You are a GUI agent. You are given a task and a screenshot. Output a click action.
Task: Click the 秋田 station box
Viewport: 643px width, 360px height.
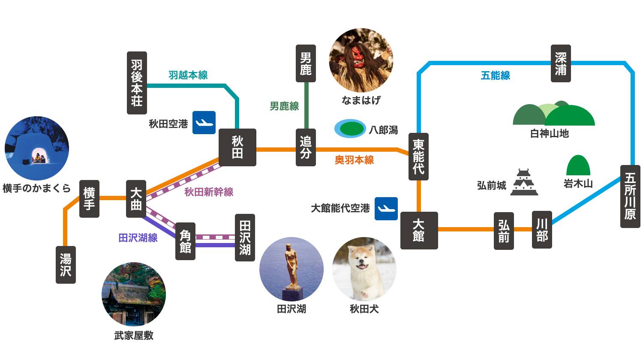tap(237, 147)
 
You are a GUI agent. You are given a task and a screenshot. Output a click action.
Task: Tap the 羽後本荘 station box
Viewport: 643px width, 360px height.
tap(137, 83)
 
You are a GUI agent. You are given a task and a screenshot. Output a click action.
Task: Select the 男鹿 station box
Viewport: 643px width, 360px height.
tap(306, 63)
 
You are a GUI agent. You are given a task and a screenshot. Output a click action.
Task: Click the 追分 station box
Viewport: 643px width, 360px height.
tap(306, 147)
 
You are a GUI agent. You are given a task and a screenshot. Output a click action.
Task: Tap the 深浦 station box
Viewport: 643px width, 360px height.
tap(560, 63)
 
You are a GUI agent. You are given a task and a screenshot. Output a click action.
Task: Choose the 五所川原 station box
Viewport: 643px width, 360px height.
tap(630, 196)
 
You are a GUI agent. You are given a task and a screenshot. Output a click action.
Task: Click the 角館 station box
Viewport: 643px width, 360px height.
tap(185, 241)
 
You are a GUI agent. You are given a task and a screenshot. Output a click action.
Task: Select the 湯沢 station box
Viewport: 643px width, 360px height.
tap(66, 264)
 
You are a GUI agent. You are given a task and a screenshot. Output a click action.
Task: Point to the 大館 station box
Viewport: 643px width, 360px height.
tap(419, 230)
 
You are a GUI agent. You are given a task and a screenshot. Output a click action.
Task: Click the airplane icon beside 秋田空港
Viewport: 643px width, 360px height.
tap(204, 123)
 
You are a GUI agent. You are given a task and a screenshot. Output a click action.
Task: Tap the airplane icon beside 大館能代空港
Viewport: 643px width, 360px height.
tap(386, 209)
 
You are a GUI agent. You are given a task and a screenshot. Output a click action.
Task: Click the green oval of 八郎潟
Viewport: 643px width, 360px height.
tap(350, 129)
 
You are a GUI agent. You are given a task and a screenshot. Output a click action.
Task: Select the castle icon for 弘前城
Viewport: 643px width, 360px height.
tap(524, 183)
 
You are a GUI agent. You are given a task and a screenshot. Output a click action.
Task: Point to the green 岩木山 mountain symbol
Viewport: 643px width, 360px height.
tap(578, 165)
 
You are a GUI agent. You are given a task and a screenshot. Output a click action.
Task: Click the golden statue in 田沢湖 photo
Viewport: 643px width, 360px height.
tap(291, 266)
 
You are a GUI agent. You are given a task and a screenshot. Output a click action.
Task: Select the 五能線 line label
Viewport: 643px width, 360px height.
tap(495, 76)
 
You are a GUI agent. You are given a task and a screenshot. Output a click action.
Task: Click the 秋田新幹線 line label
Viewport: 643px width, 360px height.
tap(209, 192)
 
